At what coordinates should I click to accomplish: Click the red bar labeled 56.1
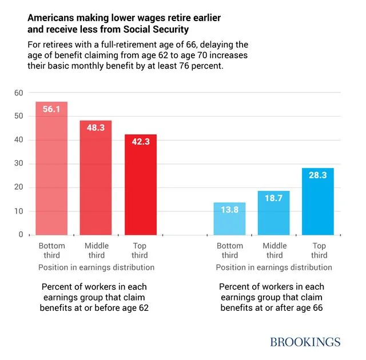(51, 169)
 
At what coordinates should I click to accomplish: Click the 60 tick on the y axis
(18, 93)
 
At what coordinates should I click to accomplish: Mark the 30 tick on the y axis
(18, 163)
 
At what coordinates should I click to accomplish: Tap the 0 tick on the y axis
(21, 234)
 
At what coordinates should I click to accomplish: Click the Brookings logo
(305, 342)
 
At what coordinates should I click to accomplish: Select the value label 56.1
(51, 109)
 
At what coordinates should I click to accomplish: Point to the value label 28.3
(318, 175)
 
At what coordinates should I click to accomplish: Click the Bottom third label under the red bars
(51, 251)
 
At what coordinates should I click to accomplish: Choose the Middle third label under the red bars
(96, 251)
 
